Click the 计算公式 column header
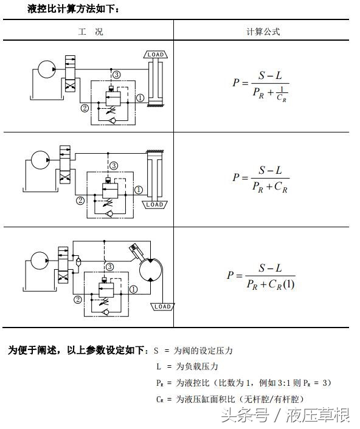[x=263, y=32]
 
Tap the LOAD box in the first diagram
[x=155, y=55]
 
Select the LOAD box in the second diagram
[x=154, y=204]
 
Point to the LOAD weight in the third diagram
[x=162, y=307]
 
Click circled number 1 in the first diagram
[x=140, y=97]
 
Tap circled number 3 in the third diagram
[x=109, y=266]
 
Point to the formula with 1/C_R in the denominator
[x=261, y=86]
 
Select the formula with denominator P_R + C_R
[x=261, y=179]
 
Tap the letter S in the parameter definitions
[x=156, y=351]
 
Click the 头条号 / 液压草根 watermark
[x=285, y=416]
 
